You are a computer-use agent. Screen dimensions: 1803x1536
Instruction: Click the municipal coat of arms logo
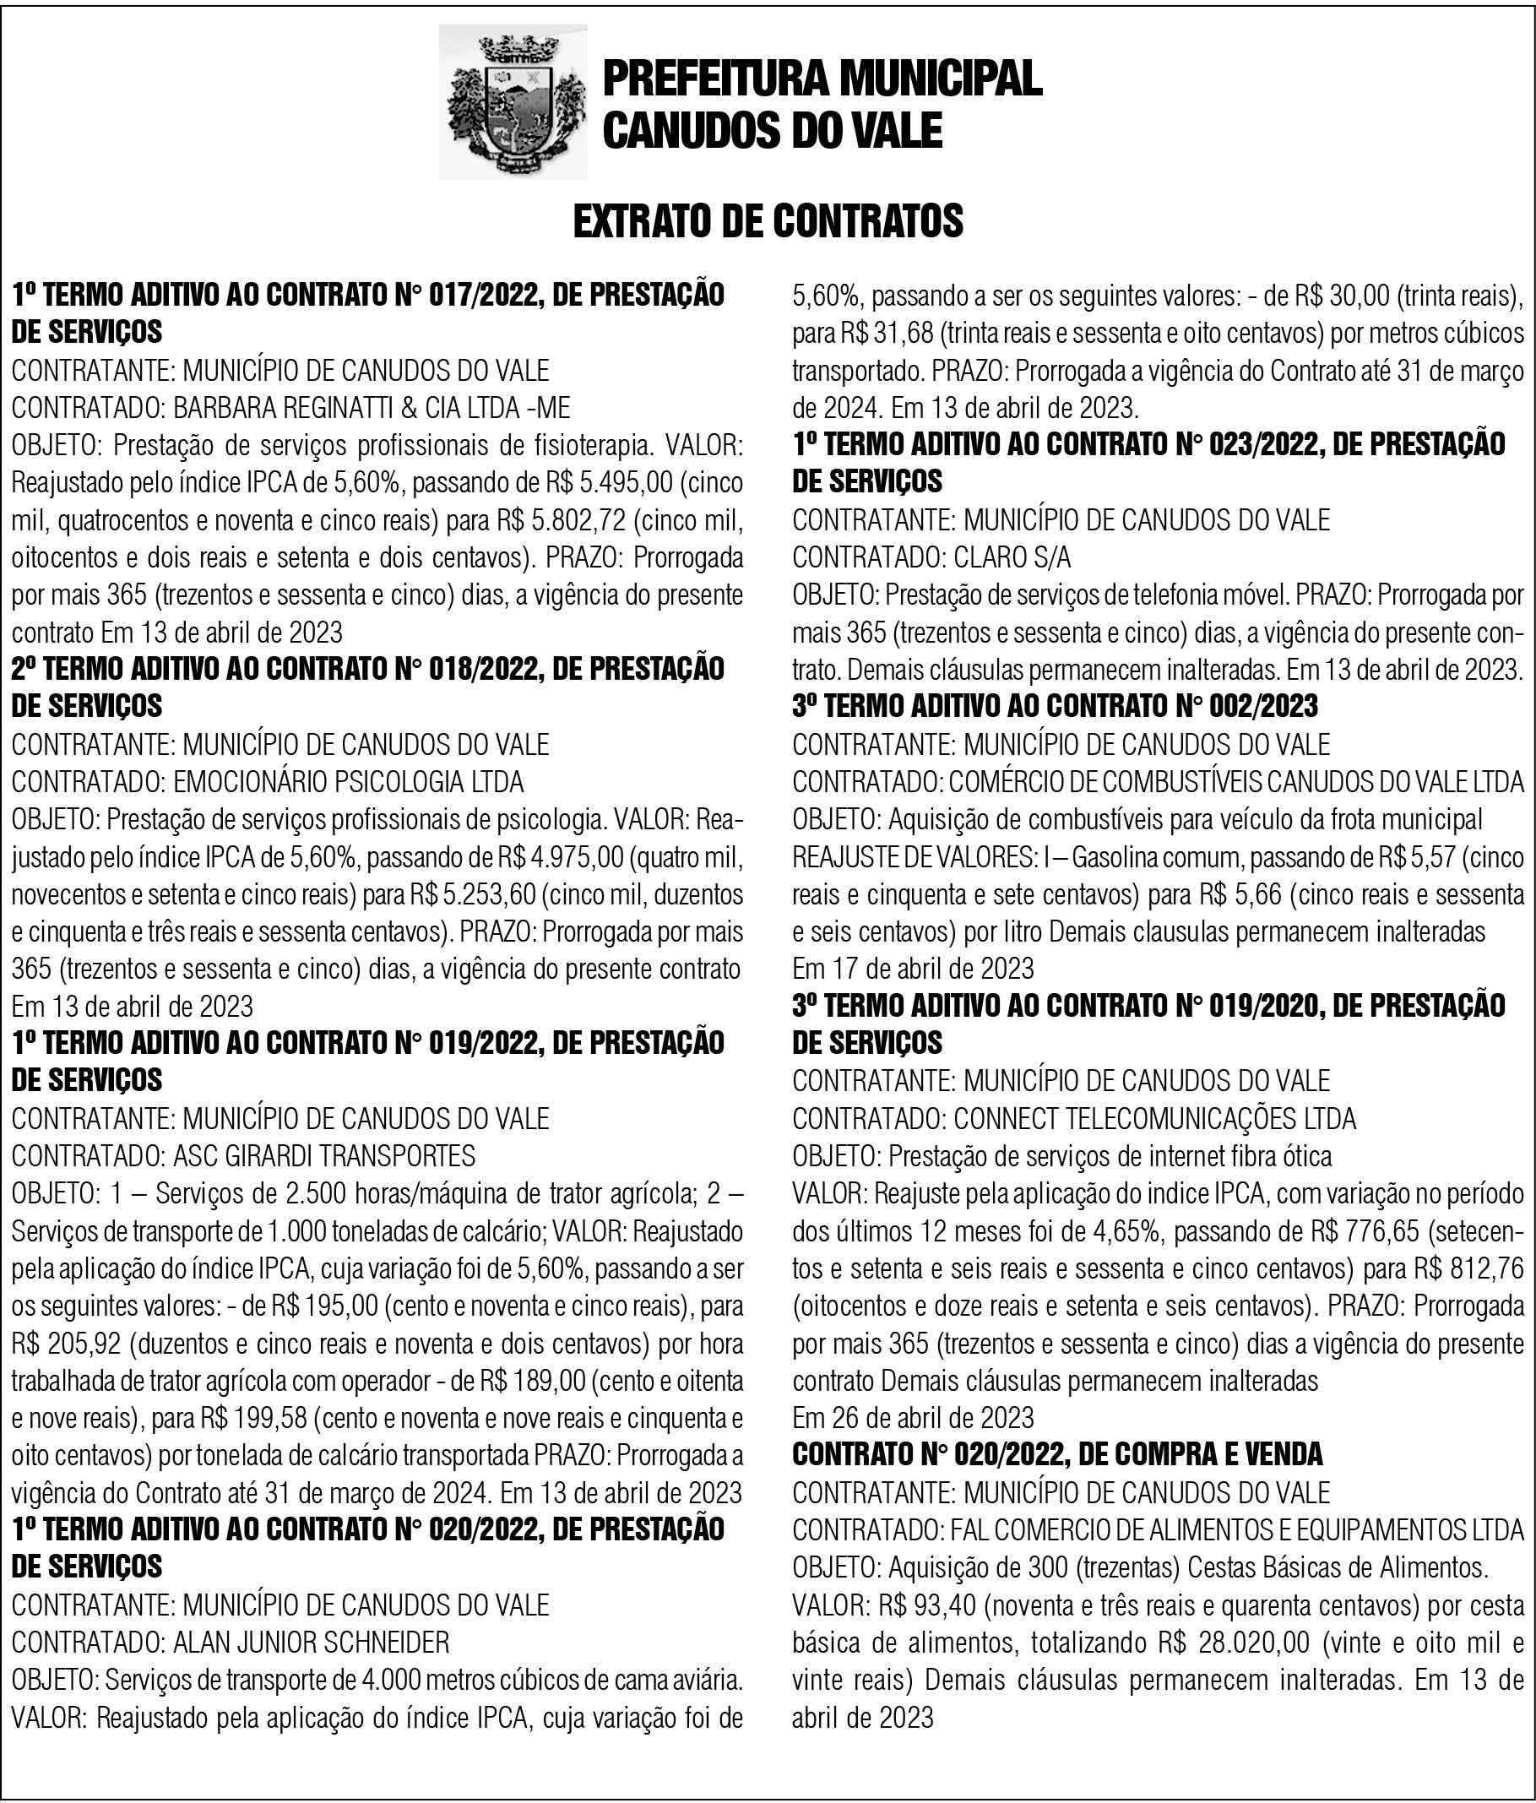[x=512, y=102]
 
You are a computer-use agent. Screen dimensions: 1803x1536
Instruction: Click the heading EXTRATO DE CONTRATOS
[x=768, y=221]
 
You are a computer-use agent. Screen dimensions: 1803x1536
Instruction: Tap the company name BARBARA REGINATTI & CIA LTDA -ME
[x=372, y=408]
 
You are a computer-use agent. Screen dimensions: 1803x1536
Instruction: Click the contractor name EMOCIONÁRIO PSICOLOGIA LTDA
[x=349, y=781]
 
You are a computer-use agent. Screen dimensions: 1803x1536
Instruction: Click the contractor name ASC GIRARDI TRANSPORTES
[x=324, y=1155]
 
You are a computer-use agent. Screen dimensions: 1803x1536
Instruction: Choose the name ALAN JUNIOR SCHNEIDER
[x=312, y=1643]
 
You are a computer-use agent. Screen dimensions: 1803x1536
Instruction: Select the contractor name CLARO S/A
[x=1012, y=557]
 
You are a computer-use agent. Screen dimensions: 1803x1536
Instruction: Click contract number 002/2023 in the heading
[x=1263, y=706]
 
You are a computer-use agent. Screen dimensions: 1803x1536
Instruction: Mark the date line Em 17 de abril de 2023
[x=913, y=969]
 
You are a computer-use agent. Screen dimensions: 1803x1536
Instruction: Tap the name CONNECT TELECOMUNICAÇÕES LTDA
[x=1155, y=1118]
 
